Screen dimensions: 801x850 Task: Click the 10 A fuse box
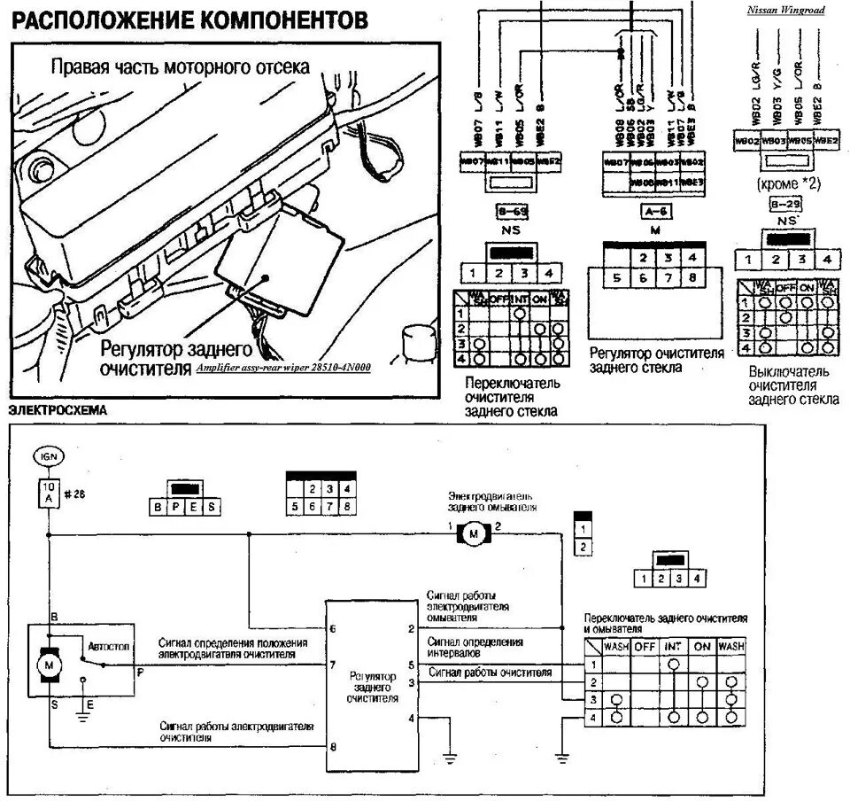(x=49, y=492)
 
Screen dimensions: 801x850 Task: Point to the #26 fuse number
(x=75, y=494)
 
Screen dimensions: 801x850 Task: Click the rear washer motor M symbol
(x=474, y=534)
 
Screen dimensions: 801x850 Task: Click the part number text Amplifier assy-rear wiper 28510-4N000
(x=283, y=366)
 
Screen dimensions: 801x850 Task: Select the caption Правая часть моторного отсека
(x=179, y=67)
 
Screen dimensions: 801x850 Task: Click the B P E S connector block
(x=185, y=506)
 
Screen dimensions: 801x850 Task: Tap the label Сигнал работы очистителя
(x=490, y=673)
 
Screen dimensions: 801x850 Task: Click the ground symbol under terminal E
(x=83, y=712)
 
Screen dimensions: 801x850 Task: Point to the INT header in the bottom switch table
(x=674, y=647)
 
